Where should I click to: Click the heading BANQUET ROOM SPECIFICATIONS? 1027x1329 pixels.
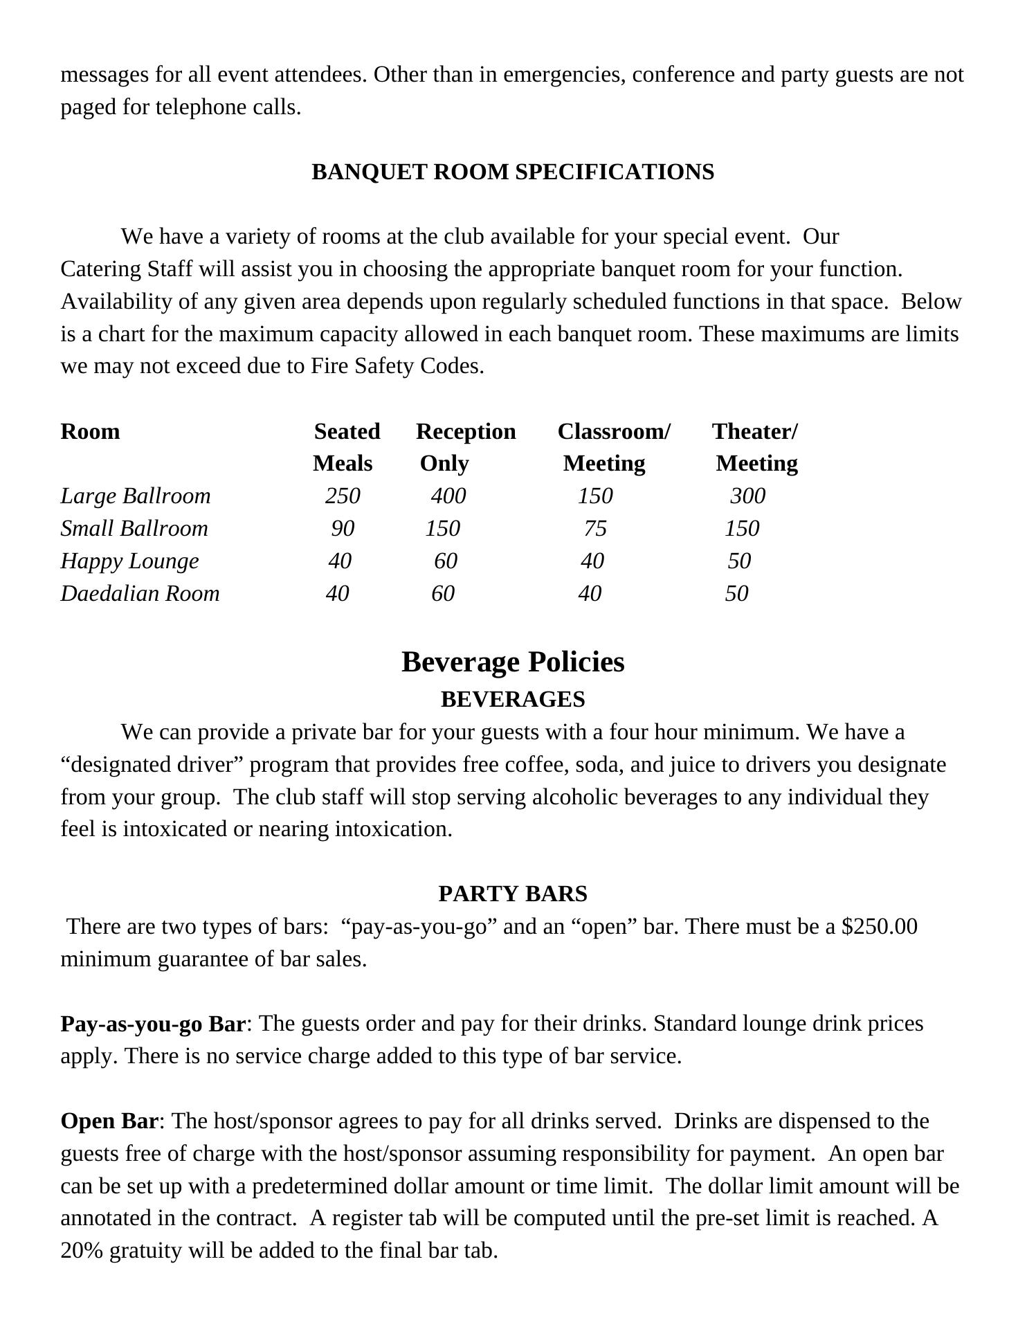click(513, 172)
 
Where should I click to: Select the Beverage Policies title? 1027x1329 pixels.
click(513, 662)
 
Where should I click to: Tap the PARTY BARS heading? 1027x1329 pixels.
click(513, 894)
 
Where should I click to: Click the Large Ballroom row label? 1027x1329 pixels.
click(136, 496)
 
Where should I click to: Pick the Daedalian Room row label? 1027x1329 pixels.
click(140, 593)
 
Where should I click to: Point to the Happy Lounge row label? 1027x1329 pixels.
click(129, 561)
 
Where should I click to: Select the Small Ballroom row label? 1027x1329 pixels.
click(134, 528)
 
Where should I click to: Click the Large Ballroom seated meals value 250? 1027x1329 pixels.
click(343, 496)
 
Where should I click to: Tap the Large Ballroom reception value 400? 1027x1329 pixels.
click(448, 496)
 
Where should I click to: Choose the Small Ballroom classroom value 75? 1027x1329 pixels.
click(595, 528)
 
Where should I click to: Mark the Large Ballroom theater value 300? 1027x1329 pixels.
click(748, 496)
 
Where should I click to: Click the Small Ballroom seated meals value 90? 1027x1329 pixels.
click(343, 528)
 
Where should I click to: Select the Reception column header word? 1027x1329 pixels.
click(466, 431)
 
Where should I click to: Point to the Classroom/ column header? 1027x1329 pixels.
click(614, 431)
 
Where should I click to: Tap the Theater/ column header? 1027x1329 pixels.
click(755, 431)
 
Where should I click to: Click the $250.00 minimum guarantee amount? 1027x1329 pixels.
click(880, 926)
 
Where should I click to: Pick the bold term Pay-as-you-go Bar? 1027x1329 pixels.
click(153, 1024)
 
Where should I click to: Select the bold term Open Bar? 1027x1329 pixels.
click(109, 1121)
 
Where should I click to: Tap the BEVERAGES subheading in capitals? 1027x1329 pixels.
click(513, 699)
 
